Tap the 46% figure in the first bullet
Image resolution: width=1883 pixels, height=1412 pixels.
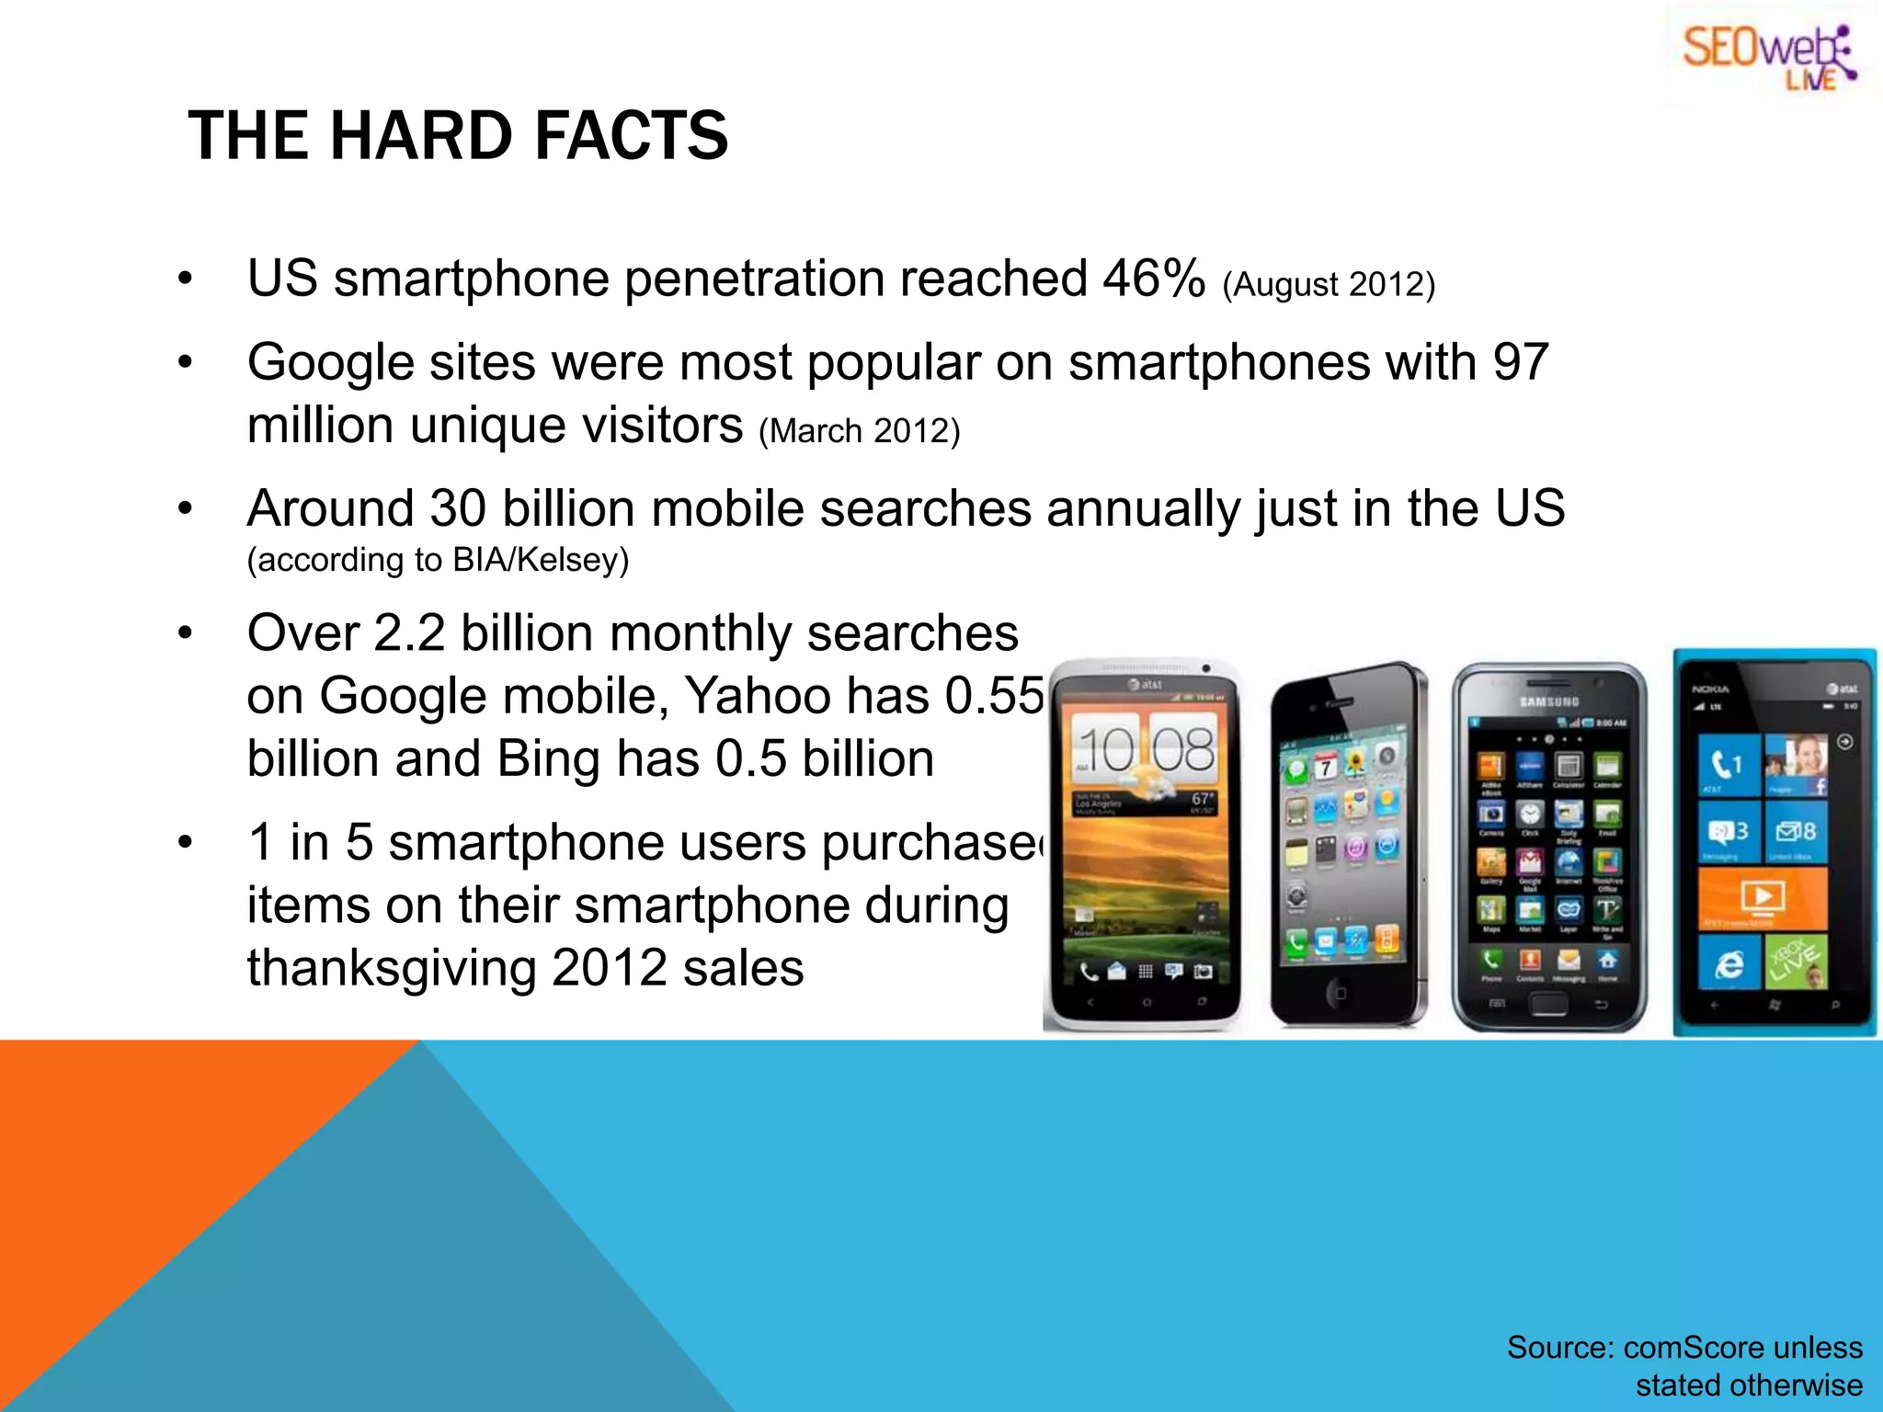click(x=1153, y=278)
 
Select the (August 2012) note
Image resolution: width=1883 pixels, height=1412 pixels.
click(x=1328, y=284)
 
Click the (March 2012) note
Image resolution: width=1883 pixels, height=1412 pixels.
click(x=859, y=430)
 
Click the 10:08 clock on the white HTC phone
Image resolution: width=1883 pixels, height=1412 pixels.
click(x=1146, y=750)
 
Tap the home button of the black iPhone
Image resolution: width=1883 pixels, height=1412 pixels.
click(x=1340, y=993)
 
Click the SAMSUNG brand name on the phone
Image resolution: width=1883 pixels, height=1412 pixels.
click(x=1548, y=701)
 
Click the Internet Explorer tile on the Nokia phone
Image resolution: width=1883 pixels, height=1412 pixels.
click(x=1729, y=963)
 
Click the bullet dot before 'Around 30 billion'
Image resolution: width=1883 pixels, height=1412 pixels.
click(x=186, y=508)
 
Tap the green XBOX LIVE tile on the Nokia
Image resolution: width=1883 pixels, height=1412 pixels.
click(x=1796, y=962)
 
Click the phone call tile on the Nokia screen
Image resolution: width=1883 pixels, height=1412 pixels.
click(x=1728, y=763)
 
